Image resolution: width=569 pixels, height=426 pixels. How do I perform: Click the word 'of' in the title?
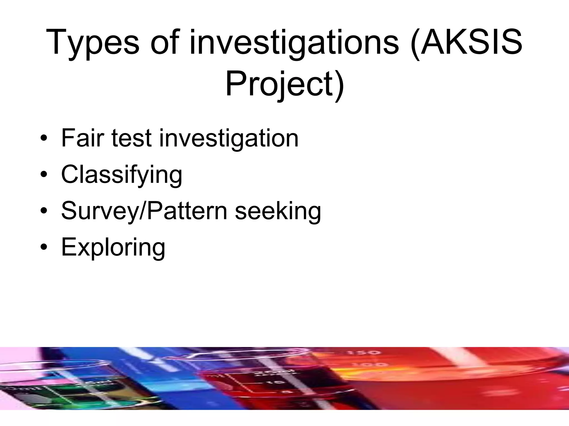tap(166, 42)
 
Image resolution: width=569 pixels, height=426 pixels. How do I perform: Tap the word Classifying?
tap(122, 175)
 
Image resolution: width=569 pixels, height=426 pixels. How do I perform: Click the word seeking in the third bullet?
tap(278, 212)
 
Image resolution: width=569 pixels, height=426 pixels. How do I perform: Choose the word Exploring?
tap(113, 248)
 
